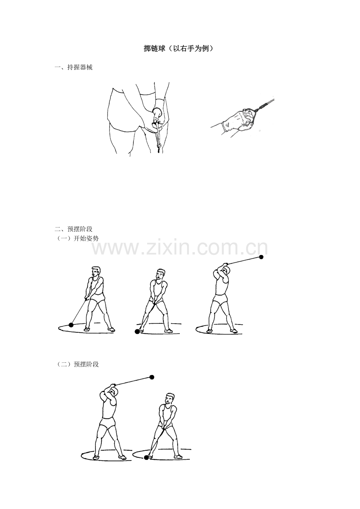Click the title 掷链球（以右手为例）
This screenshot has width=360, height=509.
(179, 48)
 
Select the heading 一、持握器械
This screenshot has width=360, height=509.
(74, 68)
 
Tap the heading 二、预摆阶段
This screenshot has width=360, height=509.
(74, 229)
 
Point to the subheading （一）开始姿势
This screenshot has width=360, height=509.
(77, 238)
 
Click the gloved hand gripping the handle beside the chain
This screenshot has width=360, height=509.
(239, 120)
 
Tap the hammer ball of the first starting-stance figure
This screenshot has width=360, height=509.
(71, 325)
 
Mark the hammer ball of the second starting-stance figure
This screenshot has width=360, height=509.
(137, 332)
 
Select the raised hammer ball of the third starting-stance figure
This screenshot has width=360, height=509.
(261, 257)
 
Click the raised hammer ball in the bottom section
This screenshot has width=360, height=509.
(152, 377)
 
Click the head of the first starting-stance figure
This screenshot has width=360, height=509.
(96, 271)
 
